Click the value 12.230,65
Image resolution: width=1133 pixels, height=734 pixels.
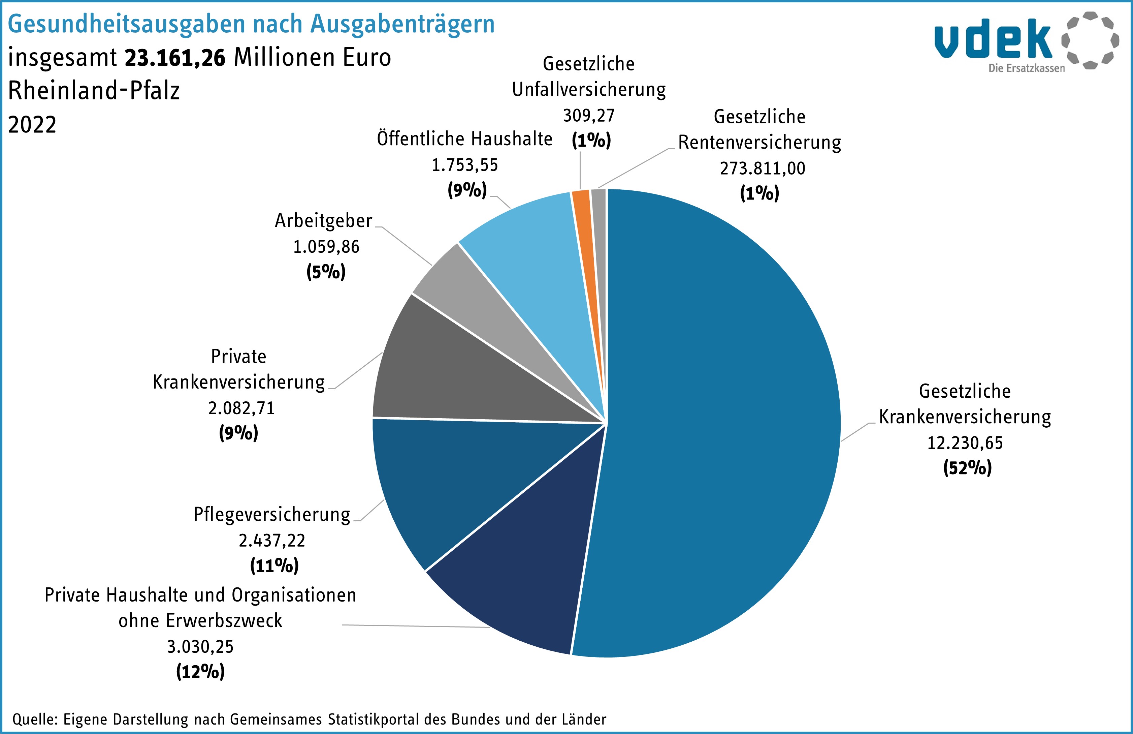[965, 443]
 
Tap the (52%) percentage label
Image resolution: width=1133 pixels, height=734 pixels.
[967, 468]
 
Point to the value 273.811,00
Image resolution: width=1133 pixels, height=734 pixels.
[762, 169]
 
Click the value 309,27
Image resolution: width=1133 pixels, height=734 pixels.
[589, 116]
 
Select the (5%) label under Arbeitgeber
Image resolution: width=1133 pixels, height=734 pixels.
[326, 272]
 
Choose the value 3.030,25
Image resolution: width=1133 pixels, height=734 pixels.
[200, 647]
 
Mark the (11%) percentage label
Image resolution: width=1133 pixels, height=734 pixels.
[274, 566]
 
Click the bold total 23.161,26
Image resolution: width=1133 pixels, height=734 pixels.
[175, 58]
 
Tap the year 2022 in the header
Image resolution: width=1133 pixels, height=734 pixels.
[32, 125]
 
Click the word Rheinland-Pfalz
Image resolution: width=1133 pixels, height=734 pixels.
[94, 91]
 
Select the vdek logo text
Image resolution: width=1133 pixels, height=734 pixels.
[993, 39]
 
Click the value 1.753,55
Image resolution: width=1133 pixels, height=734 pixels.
[465, 165]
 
